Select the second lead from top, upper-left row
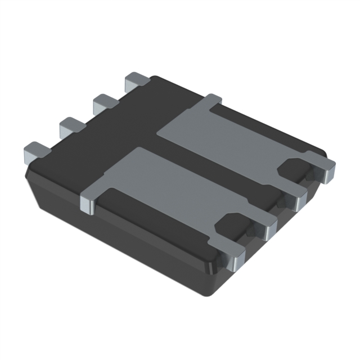[104, 102]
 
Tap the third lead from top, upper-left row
[70, 125]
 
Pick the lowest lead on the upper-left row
[36, 150]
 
